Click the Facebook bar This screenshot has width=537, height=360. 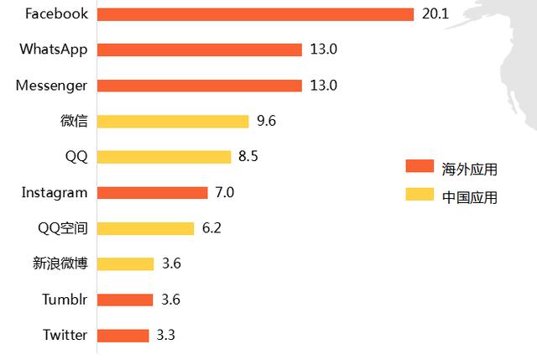click(x=255, y=14)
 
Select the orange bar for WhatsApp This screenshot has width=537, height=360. click(x=199, y=50)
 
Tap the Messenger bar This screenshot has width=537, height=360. click(x=199, y=86)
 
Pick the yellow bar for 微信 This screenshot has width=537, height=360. click(x=173, y=121)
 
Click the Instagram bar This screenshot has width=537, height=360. click(x=152, y=192)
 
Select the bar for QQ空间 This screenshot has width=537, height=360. click(x=145, y=228)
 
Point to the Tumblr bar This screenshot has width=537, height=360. click(x=125, y=300)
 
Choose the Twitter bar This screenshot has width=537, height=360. click(x=123, y=336)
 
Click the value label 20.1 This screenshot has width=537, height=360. click(x=434, y=14)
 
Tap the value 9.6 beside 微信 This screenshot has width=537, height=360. click(x=267, y=121)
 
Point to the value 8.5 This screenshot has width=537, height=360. click(x=248, y=157)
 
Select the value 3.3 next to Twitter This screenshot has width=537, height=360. click(x=166, y=336)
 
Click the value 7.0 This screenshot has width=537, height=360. click(x=225, y=192)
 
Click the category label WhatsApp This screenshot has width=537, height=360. click(x=54, y=50)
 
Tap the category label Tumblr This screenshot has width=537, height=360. click(x=65, y=300)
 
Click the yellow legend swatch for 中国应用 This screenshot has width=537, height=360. click(x=418, y=195)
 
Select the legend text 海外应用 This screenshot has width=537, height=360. click(x=470, y=169)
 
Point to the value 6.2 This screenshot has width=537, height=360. click(x=211, y=228)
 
